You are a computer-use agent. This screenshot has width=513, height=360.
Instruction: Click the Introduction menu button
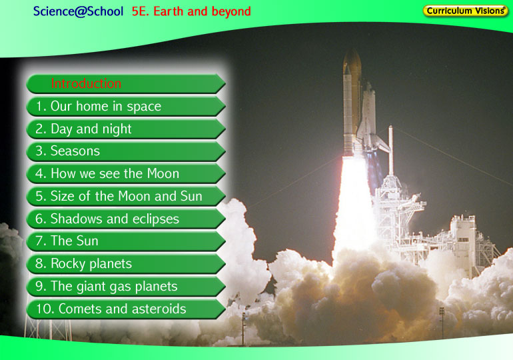click(126, 84)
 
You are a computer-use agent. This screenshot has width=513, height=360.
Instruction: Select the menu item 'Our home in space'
click(126, 107)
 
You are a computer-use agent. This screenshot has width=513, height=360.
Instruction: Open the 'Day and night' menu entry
click(126, 129)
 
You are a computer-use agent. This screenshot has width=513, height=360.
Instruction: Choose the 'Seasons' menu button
click(126, 151)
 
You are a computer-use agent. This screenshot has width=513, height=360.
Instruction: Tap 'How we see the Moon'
click(126, 174)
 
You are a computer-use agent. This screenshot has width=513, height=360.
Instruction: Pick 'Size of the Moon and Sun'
click(126, 197)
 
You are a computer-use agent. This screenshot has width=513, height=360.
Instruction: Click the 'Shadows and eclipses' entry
click(126, 219)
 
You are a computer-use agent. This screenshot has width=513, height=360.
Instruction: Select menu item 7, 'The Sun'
click(126, 241)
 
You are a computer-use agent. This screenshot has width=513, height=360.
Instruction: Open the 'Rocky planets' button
click(126, 264)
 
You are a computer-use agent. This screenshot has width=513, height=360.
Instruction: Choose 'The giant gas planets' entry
click(126, 287)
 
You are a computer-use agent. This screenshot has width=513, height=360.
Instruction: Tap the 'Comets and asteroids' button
click(126, 309)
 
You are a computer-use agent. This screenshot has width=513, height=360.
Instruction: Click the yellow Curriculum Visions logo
click(466, 11)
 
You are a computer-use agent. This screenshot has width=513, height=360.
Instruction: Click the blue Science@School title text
click(78, 11)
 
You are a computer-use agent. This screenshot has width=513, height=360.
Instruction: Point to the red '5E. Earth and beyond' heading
click(191, 11)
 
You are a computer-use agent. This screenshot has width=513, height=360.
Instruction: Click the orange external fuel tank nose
click(352, 61)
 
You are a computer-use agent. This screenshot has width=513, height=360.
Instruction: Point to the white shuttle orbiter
click(370, 118)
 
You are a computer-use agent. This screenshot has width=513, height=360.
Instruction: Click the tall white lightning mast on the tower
click(390, 151)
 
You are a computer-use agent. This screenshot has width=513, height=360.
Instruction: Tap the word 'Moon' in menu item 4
click(163, 174)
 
